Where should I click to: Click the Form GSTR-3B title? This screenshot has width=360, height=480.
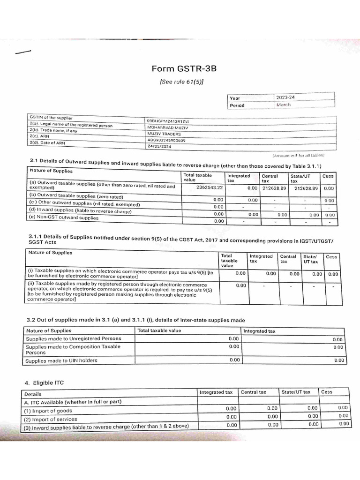184,69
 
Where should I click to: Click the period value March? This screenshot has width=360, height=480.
283,105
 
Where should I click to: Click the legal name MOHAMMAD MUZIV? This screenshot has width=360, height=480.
168,127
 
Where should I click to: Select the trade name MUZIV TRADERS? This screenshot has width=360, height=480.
164,134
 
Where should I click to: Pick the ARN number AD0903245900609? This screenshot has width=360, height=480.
166,140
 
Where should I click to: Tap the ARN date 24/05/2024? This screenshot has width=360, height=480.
158,146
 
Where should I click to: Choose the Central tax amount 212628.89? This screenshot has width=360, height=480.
274,188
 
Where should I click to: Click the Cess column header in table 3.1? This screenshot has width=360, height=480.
328,176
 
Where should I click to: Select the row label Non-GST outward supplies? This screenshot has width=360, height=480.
64,218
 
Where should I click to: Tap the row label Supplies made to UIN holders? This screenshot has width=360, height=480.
61,360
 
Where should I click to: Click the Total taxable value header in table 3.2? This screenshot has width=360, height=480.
159,330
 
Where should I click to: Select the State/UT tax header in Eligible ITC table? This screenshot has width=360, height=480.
296,392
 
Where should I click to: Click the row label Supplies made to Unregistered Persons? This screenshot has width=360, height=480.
74,338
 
